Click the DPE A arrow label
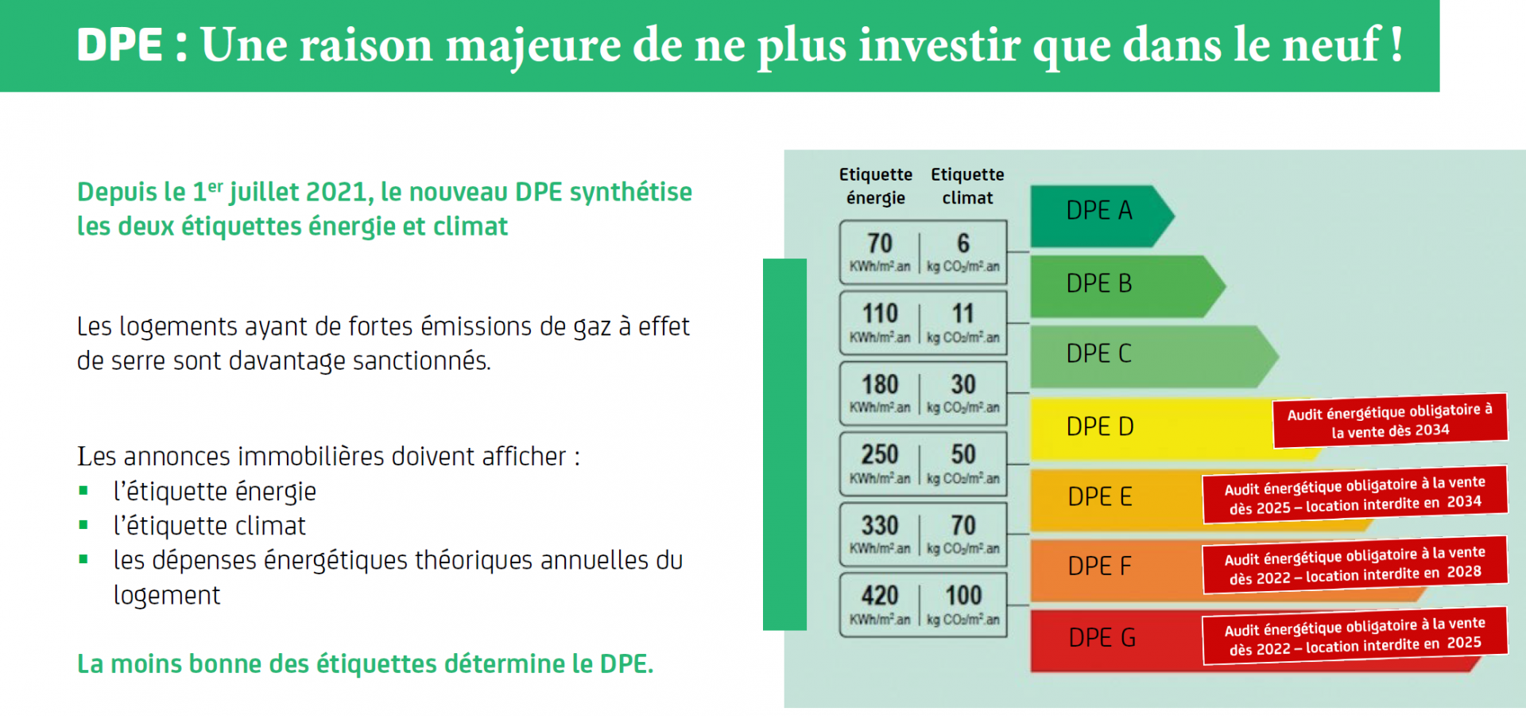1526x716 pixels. [x=1099, y=211]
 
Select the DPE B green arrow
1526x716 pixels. [x=1127, y=286]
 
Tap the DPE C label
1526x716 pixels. [x=1099, y=354]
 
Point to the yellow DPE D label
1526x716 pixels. [x=1100, y=426]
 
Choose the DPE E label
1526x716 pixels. [x=1100, y=496]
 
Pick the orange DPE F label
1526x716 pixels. [x=1100, y=566]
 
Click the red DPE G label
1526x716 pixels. [x=1102, y=638]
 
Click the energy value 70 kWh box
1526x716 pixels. [x=880, y=252]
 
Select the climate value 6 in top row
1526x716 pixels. [x=963, y=243]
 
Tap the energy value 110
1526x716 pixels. [x=880, y=313]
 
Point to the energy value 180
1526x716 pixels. [x=880, y=384]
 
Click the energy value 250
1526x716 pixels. [x=880, y=454]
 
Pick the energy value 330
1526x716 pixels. [x=880, y=525]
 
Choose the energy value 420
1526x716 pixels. [x=880, y=595]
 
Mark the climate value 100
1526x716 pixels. [x=963, y=595]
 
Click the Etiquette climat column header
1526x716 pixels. [x=967, y=186]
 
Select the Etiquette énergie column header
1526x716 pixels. [x=876, y=186]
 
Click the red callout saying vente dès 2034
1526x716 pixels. [x=1390, y=421]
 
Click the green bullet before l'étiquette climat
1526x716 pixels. [x=83, y=525]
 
